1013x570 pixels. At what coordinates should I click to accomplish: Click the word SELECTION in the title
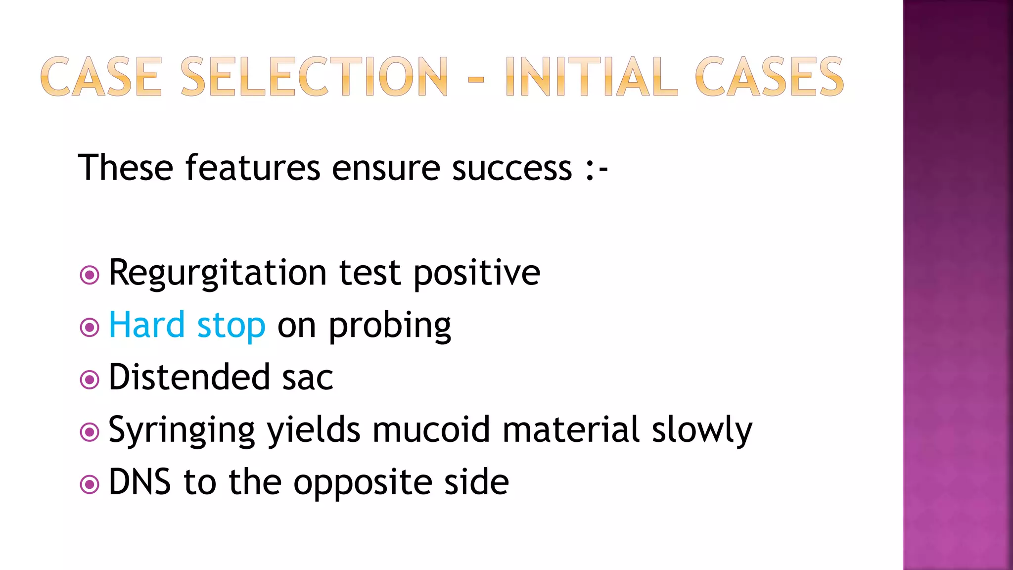(315, 77)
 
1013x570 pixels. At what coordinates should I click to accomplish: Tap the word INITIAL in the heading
(592, 77)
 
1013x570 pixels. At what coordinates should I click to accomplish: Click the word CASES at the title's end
(769, 77)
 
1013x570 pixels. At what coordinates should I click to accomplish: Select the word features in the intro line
(253, 168)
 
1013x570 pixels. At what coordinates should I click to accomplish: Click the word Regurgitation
(218, 273)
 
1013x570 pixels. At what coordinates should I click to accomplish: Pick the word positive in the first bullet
(477, 273)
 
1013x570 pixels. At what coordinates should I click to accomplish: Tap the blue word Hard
(147, 325)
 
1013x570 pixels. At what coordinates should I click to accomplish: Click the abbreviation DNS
(139, 482)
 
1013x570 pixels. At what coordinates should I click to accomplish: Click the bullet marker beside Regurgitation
(90, 275)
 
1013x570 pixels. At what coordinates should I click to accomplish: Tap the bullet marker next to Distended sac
(90, 380)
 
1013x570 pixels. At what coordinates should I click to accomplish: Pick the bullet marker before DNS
(90, 484)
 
